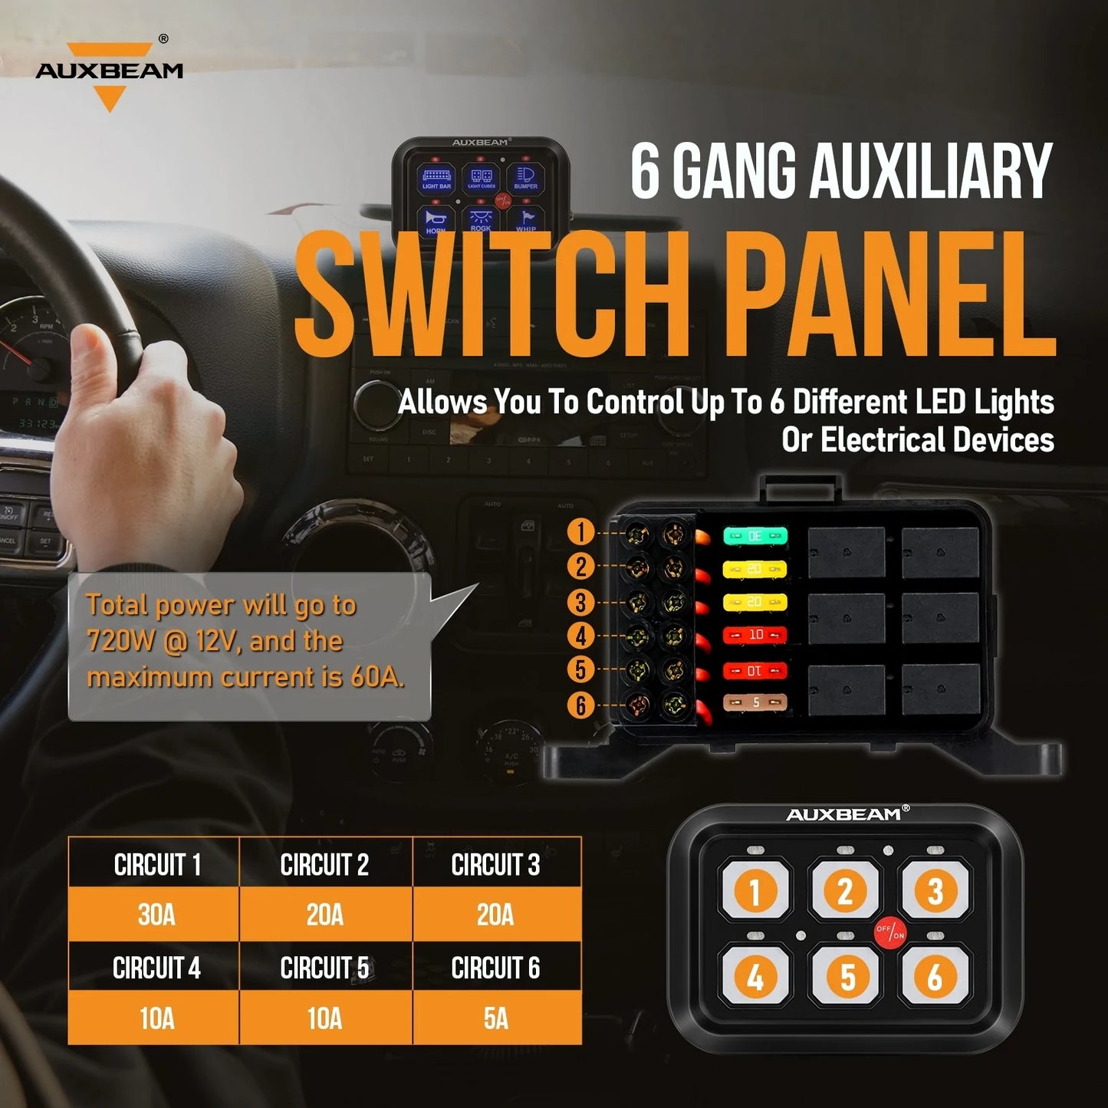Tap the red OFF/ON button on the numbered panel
889,932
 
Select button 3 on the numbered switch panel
935,891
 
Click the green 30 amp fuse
755,536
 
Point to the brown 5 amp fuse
755,702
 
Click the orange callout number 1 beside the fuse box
581,532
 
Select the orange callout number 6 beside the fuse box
581,705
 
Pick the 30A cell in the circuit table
156,915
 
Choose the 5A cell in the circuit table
496,1018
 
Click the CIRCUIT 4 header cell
156,968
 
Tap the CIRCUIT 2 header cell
324,865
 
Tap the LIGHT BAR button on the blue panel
437,179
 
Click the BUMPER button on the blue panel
526,179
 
